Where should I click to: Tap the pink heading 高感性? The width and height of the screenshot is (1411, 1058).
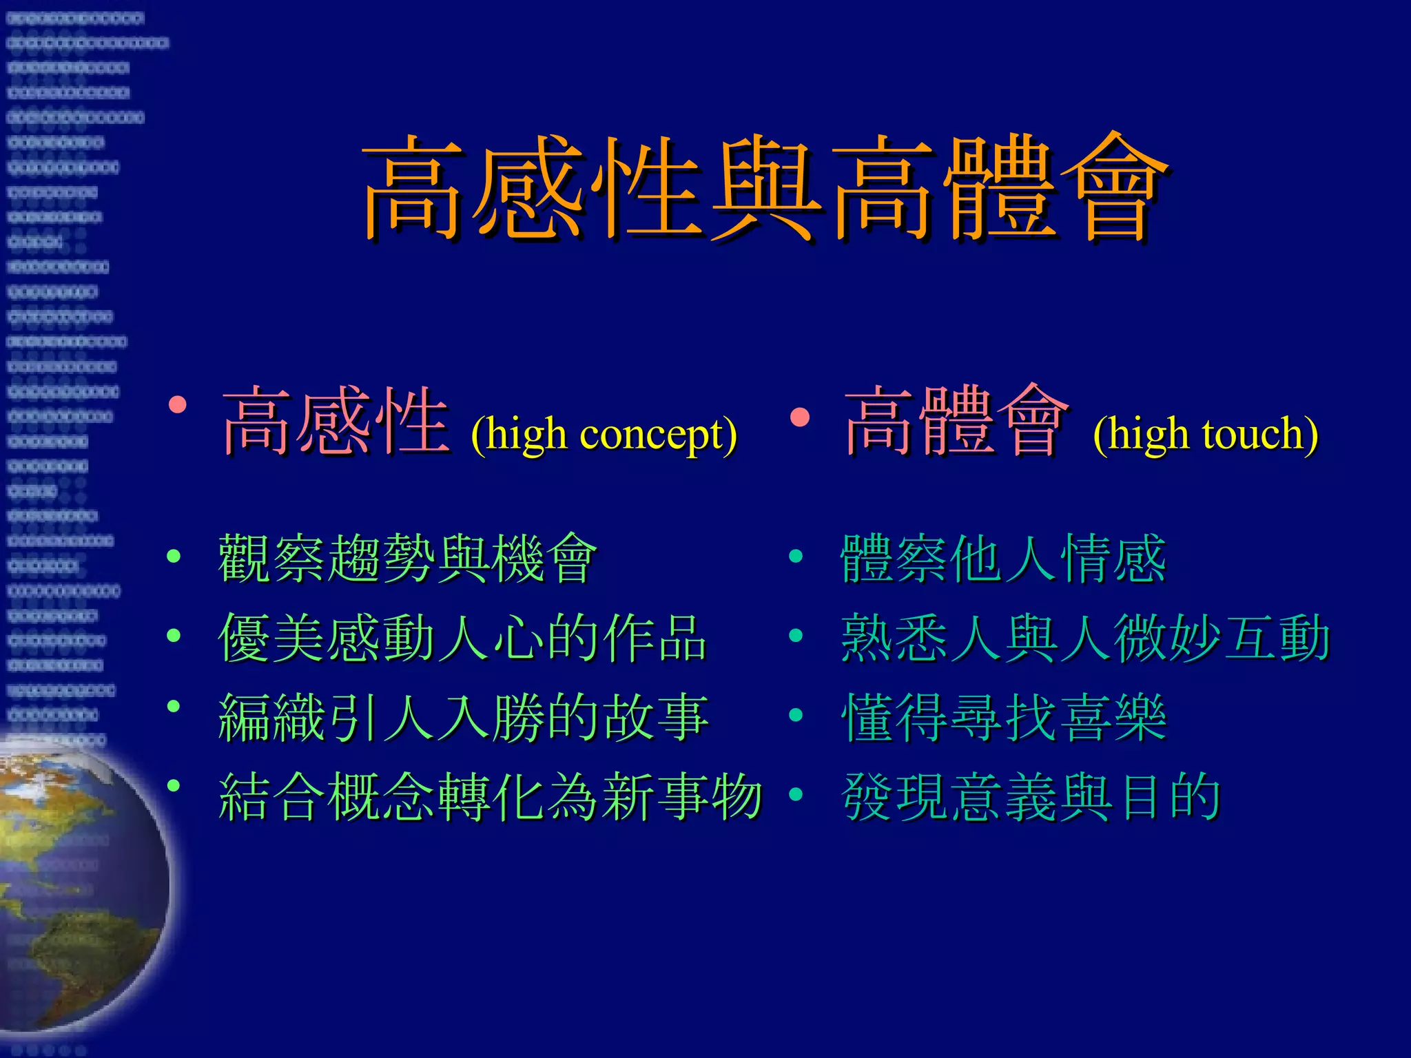click(336, 422)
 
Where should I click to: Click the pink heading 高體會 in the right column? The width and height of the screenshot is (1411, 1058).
click(956, 422)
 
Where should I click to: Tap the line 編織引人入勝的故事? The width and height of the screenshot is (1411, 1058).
click(463, 718)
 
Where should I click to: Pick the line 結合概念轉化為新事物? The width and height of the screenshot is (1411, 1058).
click(489, 798)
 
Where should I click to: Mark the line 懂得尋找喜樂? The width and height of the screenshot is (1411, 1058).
click(1002, 718)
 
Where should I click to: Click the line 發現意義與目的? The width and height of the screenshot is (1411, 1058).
click(1030, 798)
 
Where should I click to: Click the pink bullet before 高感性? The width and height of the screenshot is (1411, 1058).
click(177, 404)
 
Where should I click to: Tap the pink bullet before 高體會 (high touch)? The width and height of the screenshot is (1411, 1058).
click(799, 417)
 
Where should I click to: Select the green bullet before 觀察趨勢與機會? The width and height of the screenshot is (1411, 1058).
click(174, 556)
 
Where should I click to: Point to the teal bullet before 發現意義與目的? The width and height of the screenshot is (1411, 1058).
click(796, 794)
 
